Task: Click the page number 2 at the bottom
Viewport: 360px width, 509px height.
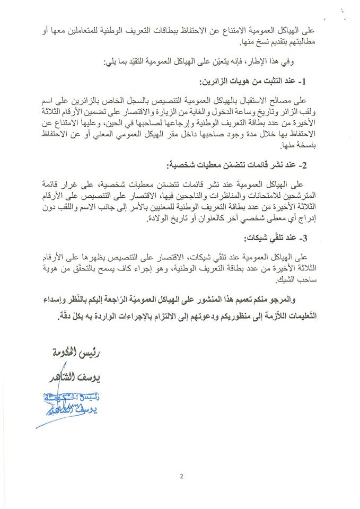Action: pos(181,476)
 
